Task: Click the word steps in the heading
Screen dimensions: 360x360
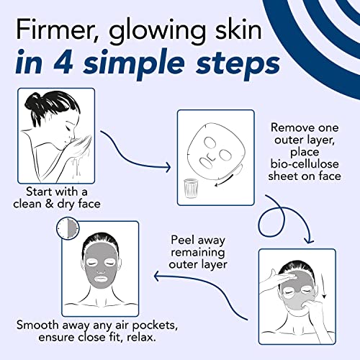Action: [x=237, y=64]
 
